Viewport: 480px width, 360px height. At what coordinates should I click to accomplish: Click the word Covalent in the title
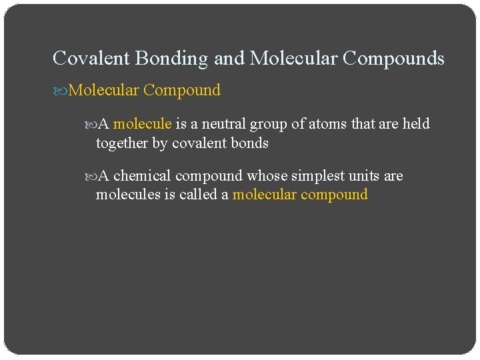(91, 59)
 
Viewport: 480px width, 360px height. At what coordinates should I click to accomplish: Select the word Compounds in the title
(393, 59)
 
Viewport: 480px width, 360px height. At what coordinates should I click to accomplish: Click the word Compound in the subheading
(182, 91)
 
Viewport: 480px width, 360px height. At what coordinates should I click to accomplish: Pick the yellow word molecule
(143, 124)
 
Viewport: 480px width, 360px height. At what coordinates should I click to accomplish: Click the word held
(417, 124)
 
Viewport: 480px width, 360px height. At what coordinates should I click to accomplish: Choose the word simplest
(317, 176)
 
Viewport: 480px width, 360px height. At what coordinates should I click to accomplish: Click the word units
(364, 176)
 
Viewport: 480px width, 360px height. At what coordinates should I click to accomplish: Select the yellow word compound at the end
(334, 195)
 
